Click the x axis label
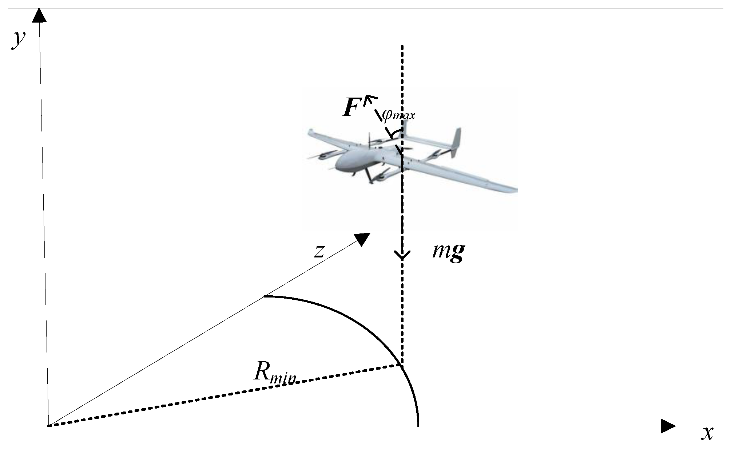pyautogui.click(x=707, y=433)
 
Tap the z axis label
pyautogui.click(x=319, y=251)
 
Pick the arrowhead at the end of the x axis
pyautogui.click(x=668, y=426)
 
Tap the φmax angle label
pyautogui.click(x=398, y=115)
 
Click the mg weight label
pyautogui.click(x=448, y=252)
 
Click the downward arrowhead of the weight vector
pyautogui.click(x=402, y=255)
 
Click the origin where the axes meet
pyautogui.click(x=48, y=425)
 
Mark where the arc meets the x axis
pyautogui.click(x=418, y=425)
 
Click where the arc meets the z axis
pyautogui.click(x=265, y=296)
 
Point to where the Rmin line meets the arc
pyautogui.click(x=401, y=365)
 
